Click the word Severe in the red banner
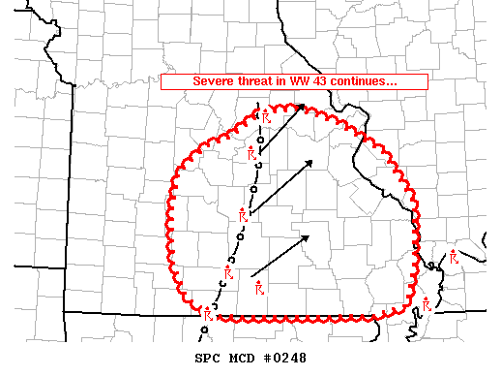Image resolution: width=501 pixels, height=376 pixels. [x=214, y=81]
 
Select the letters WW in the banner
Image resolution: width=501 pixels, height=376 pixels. [x=302, y=81]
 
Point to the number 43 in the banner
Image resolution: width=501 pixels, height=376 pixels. [x=326, y=81]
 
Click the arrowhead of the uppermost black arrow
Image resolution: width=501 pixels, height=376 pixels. [x=302, y=106]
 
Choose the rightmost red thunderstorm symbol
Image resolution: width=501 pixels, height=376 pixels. [x=454, y=257]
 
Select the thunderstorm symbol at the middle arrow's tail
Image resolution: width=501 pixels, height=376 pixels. [x=243, y=215]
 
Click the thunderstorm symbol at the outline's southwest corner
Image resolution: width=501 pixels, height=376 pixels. [x=206, y=311]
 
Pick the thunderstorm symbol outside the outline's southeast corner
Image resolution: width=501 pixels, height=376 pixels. [x=426, y=305]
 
